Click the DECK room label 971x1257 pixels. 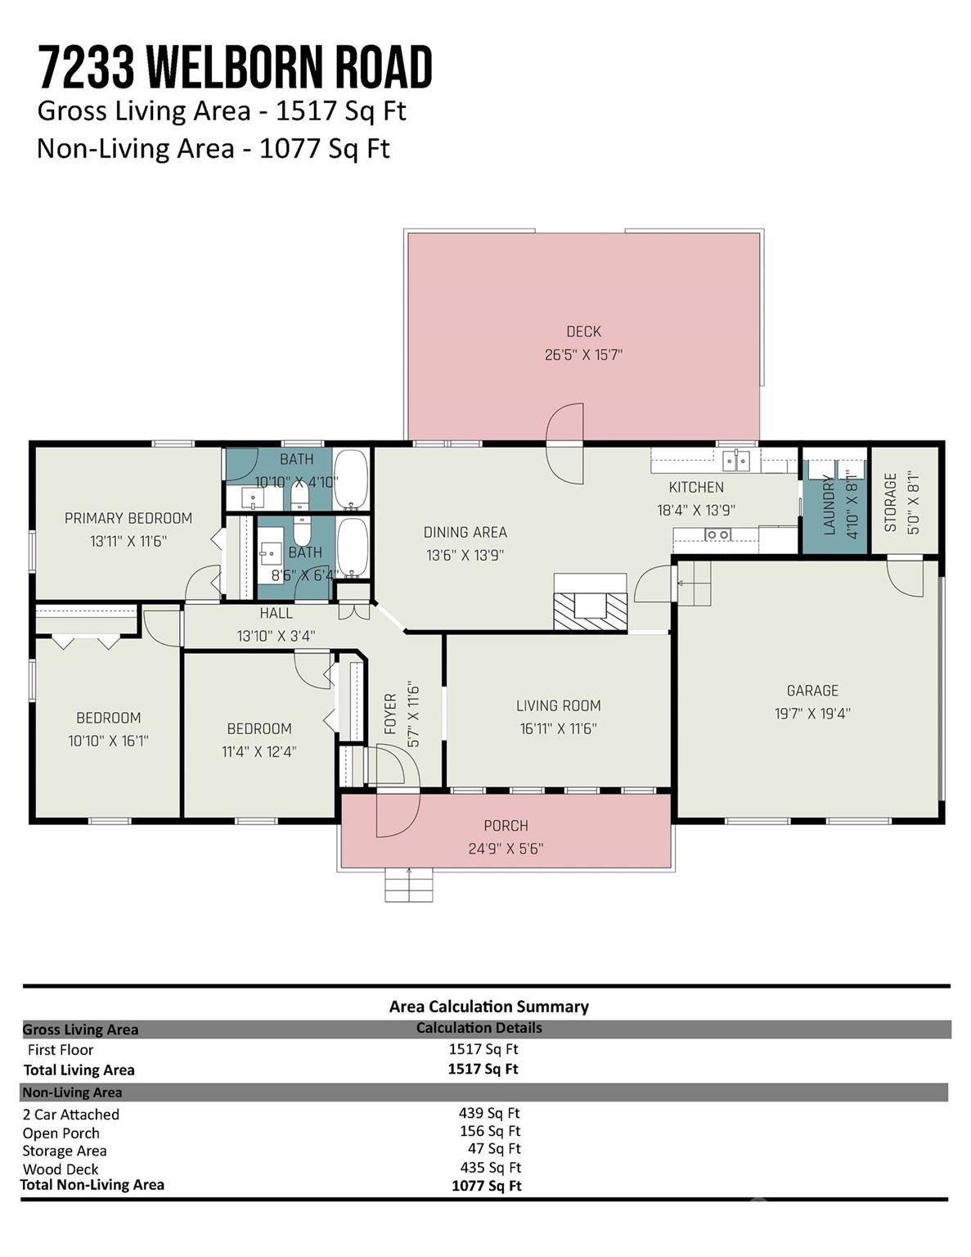point(583,331)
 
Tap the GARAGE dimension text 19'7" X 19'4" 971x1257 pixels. point(812,714)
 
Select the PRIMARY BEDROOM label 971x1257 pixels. point(128,518)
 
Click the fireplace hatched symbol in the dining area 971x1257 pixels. point(590,610)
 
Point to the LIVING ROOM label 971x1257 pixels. point(559,705)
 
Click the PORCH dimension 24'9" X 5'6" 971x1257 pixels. point(506,849)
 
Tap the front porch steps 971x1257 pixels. point(409,885)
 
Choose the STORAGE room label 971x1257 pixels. point(891,502)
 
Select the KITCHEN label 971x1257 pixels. point(696,488)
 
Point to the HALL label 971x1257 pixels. point(276,613)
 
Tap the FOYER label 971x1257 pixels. point(391,714)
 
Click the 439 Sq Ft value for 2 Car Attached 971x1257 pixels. point(489,1113)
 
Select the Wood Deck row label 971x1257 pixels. point(61,1169)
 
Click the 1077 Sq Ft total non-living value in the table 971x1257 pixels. point(486,1186)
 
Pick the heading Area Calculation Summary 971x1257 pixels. point(489,1007)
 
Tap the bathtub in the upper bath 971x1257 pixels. point(351,480)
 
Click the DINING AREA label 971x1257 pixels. point(465,532)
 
